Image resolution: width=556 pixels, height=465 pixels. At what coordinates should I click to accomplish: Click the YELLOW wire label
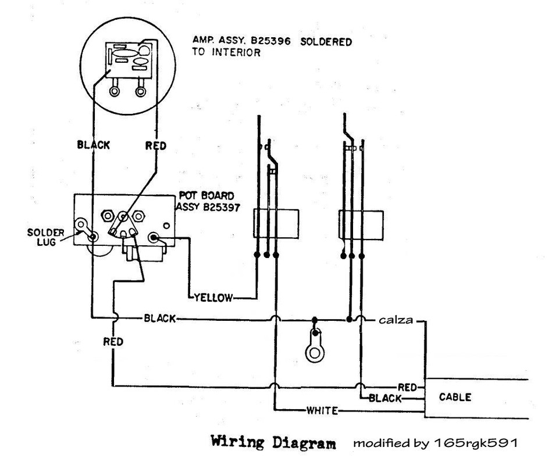pyautogui.click(x=213, y=298)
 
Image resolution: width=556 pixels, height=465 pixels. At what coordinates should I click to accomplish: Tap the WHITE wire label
pyautogui.click(x=322, y=411)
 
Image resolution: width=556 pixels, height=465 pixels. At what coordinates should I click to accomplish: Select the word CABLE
pyautogui.click(x=455, y=397)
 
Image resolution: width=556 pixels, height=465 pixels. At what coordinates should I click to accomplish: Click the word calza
pyautogui.click(x=395, y=320)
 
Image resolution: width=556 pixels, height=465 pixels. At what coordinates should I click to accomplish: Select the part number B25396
pyautogui.click(x=270, y=41)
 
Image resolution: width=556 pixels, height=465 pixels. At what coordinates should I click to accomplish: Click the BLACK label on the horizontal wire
pyautogui.click(x=159, y=319)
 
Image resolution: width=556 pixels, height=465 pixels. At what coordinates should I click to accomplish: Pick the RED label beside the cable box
pyautogui.click(x=407, y=387)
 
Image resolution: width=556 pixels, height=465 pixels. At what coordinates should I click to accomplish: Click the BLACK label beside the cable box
pyautogui.click(x=385, y=398)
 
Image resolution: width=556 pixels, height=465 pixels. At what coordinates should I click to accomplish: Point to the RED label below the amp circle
pyautogui.click(x=156, y=146)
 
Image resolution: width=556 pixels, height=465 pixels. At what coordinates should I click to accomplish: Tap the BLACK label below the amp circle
pyautogui.click(x=94, y=145)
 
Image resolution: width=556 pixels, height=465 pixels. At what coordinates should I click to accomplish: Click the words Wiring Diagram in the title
pyautogui.click(x=273, y=443)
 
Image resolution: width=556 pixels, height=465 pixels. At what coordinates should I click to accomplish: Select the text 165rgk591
pyautogui.click(x=476, y=443)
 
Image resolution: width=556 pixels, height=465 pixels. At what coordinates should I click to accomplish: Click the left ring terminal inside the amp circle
pyautogui.click(x=114, y=91)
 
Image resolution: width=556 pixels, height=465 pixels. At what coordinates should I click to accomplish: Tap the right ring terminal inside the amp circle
pyautogui.click(x=141, y=91)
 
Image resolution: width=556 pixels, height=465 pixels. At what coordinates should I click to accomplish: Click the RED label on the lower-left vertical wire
pyautogui.click(x=113, y=342)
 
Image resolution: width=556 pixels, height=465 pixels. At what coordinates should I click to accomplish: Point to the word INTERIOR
pyautogui.click(x=236, y=52)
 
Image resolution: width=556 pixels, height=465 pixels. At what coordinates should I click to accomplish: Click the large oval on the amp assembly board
pyautogui.click(x=125, y=53)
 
